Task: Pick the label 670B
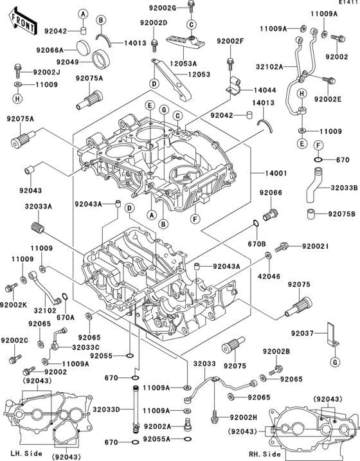click(x=256, y=244)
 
